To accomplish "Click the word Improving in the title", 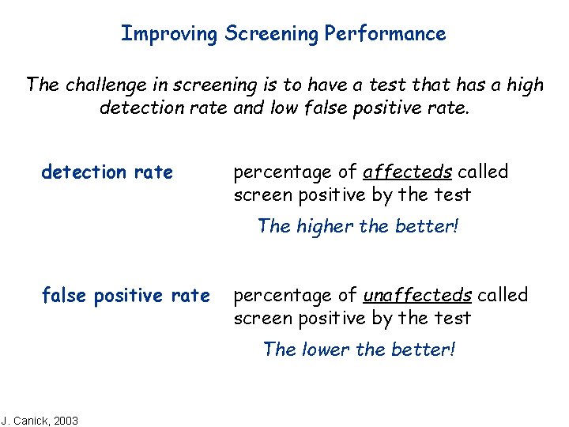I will (x=169, y=34).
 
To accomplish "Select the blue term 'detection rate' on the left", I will (x=107, y=172).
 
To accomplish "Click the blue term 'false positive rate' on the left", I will (x=126, y=296).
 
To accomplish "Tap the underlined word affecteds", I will (x=407, y=172).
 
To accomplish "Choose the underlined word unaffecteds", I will (x=416, y=296).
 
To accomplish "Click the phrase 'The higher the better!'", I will (x=358, y=226).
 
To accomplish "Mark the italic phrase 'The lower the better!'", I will (x=359, y=349).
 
